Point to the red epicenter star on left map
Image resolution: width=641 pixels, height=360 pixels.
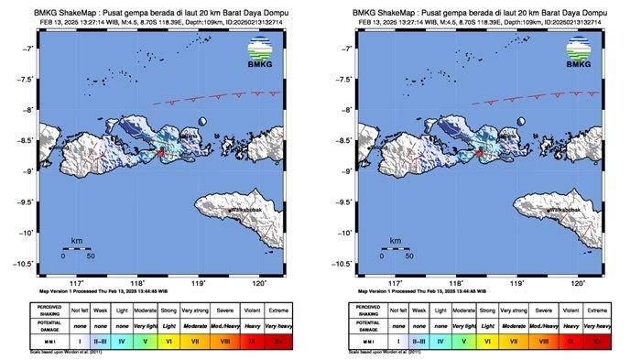pyautogui.click(x=162, y=152)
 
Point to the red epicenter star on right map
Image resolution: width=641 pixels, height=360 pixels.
pyautogui.click(x=477, y=152)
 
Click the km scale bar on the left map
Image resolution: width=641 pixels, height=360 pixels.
pyautogui.click(x=78, y=248)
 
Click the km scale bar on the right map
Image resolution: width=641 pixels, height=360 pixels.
pyautogui.click(x=393, y=248)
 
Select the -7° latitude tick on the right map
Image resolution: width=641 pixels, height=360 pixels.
pyautogui.click(x=348, y=49)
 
